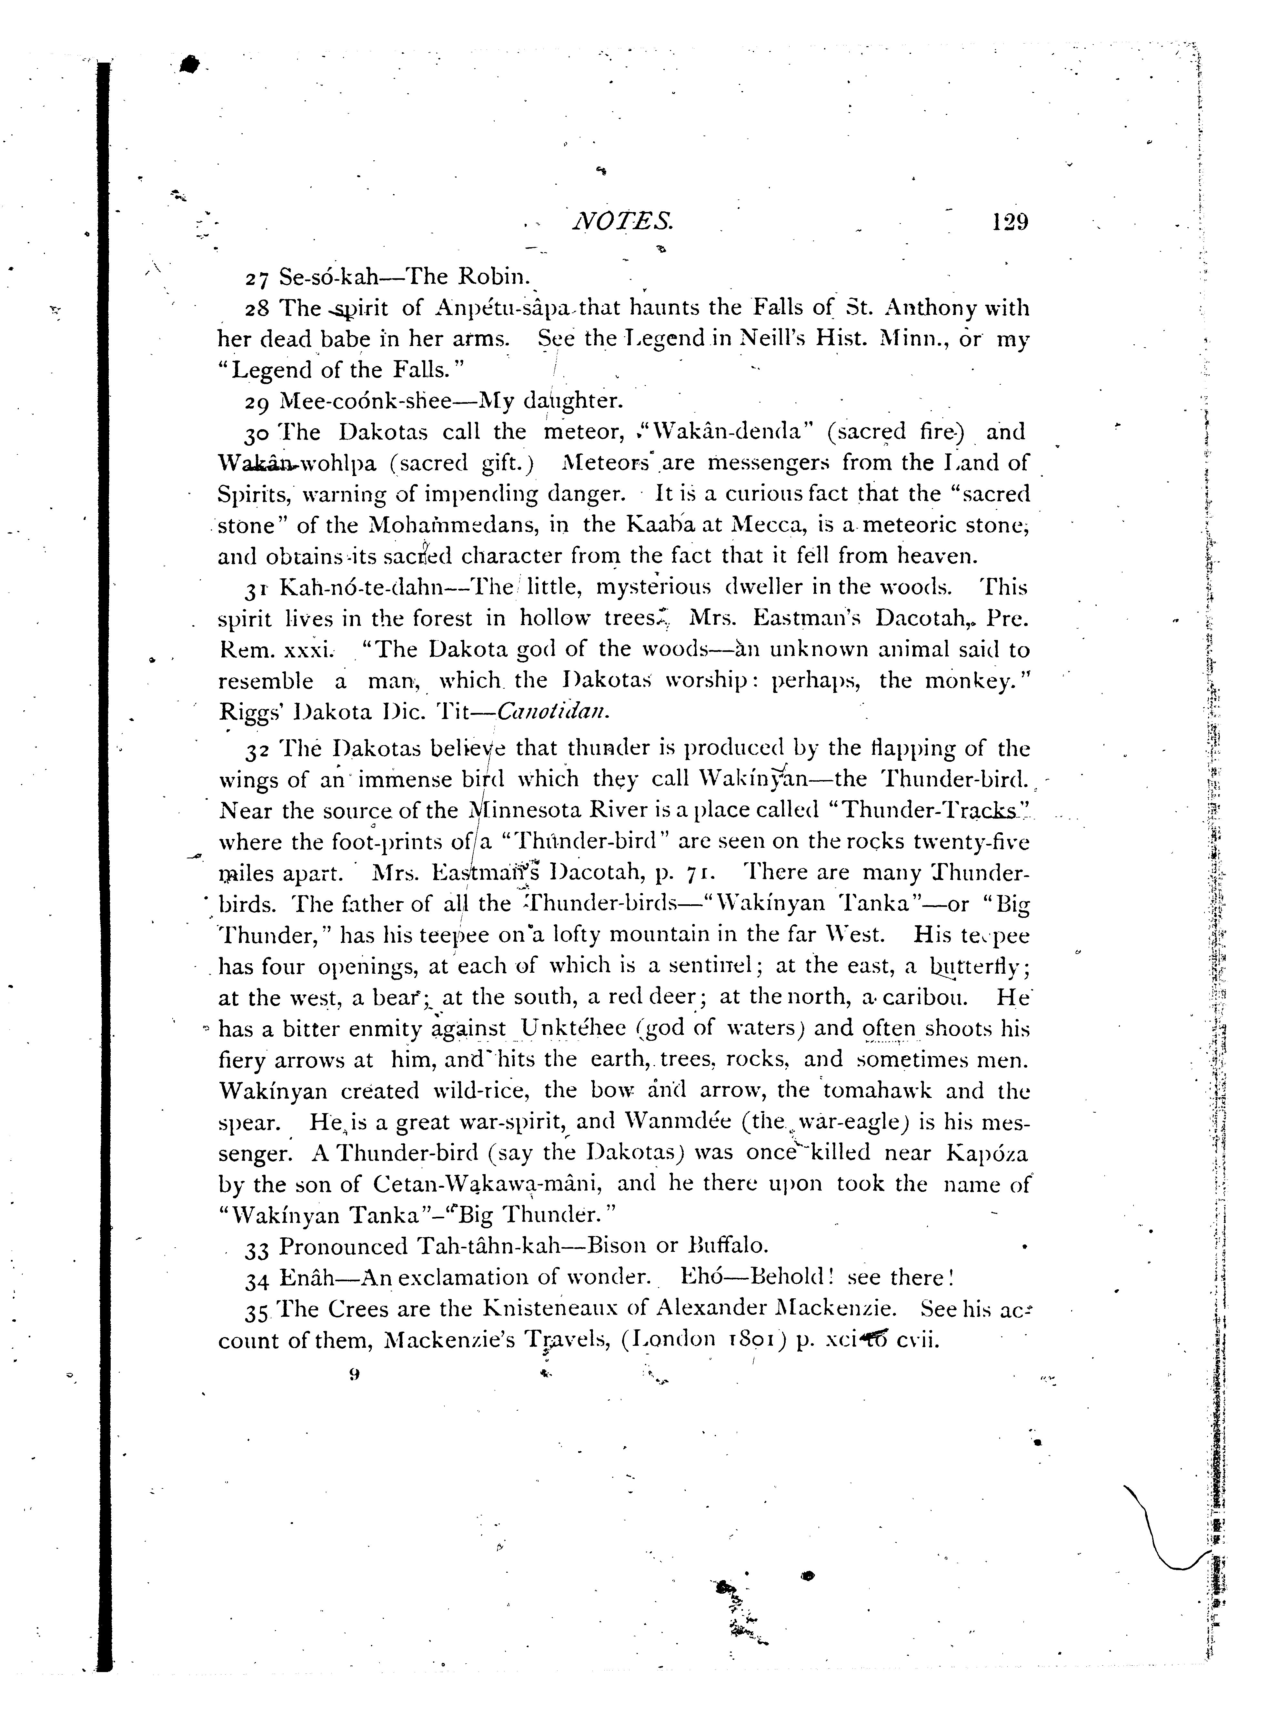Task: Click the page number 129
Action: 1008,222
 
